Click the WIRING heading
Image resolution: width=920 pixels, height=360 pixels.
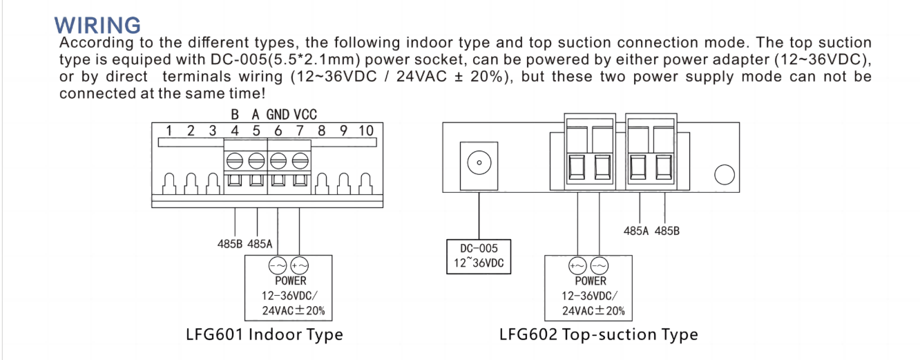click(97, 25)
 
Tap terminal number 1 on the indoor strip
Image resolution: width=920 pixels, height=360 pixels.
click(168, 131)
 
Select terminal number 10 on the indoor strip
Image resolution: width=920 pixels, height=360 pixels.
click(365, 131)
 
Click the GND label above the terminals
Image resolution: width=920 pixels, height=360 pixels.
click(278, 115)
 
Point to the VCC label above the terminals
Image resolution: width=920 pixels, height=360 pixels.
click(305, 115)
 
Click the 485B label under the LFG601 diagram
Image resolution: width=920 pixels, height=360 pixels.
click(230, 244)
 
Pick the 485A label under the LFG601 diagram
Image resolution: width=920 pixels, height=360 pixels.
click(260, 244)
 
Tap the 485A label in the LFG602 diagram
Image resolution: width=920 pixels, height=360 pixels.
click(636, 231)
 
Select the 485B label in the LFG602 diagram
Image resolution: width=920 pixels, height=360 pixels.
click(667, 231)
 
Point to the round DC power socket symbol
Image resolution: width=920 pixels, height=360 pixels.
click(477, 164)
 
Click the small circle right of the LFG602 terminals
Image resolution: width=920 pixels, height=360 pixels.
click(724, 175)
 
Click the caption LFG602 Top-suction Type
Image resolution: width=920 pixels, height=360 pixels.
click(598, 335)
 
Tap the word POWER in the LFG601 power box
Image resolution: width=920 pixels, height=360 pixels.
click(291, 281)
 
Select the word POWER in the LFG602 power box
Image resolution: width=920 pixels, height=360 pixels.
click(591, 281)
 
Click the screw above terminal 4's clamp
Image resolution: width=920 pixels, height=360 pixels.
click(235, 160)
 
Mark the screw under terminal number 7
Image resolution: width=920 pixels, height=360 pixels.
click(300, 160)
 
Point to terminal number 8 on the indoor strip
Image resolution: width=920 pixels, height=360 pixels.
click(321, 131)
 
